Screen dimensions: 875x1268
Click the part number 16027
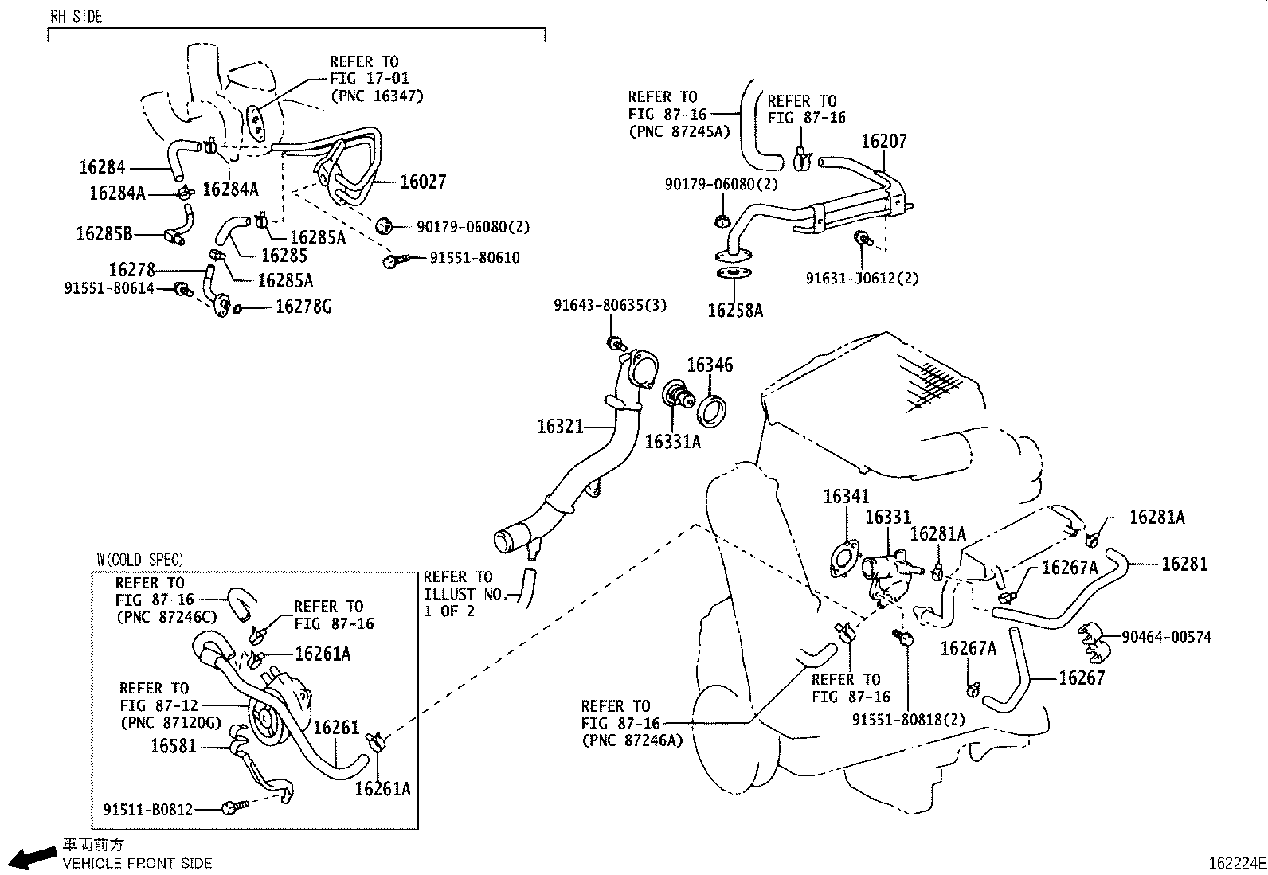[423, 182]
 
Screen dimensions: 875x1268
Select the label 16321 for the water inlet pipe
[560, 427]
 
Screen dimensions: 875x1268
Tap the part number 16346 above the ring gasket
[710, 365]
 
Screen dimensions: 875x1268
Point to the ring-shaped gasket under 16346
[712, 411]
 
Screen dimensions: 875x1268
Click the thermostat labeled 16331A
[678, 396]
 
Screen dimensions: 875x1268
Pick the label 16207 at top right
[883, 142]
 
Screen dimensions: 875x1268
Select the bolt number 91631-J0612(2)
[862, 279]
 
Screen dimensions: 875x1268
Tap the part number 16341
[846, 497]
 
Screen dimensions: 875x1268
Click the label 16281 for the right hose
[1184, 564]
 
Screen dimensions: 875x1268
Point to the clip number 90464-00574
[1166, 637]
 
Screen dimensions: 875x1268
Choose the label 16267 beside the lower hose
[1082, 678]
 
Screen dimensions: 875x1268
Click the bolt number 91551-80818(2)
[908, 719]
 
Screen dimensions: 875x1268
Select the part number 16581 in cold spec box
[174, 746]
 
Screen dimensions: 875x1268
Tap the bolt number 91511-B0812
[148, 809]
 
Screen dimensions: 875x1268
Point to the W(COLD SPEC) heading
[139, 560]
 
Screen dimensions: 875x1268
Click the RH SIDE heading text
[76, 16]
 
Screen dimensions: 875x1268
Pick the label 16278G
[303, 307]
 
